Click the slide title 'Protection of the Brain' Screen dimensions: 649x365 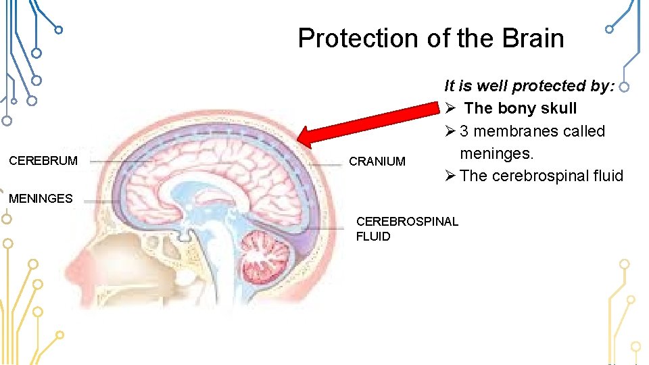431,39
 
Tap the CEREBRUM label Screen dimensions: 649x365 43,161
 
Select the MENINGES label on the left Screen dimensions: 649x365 41,198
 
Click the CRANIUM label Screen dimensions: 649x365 377,162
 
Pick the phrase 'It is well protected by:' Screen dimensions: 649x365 529,86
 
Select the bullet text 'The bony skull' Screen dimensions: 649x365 520,108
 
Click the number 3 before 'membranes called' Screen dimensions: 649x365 464,131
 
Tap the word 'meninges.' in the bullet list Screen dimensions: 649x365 496,153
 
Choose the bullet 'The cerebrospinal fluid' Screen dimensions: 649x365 541,176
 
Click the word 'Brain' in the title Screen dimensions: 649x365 533,39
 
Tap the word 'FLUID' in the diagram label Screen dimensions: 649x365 373,236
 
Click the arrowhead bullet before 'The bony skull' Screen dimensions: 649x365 451,108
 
